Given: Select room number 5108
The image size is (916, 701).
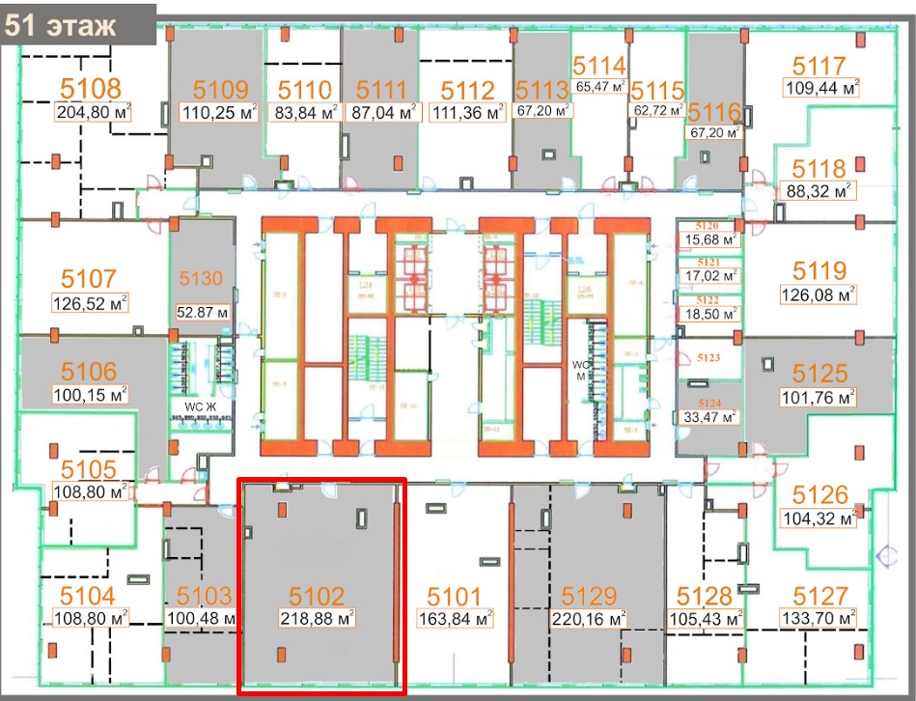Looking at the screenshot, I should click(93, 89).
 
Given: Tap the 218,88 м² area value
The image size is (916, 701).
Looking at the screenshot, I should click(318, 618).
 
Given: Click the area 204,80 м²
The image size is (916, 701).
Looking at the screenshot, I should click(93, 111).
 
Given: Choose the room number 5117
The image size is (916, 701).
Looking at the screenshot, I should click(819, 67).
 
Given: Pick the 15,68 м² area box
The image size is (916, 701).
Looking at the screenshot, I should click(710, 239).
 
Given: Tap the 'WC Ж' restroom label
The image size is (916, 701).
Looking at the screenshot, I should click(190, 407).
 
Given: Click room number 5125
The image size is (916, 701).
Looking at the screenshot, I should click(819, 373).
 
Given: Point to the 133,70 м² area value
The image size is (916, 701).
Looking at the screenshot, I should click(819, 618).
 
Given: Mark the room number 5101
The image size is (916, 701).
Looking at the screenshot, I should click(454, 595).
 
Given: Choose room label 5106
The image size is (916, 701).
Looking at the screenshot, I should click(89, 372).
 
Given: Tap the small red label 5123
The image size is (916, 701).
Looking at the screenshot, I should click(708, 357).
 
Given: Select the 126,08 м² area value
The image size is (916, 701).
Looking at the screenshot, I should click(819, 292).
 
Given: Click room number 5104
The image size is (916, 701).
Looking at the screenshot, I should click(87, 595).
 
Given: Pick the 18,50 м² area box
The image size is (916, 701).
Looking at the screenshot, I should click(710, 314).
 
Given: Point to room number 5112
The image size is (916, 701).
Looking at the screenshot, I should click(467, 90).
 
